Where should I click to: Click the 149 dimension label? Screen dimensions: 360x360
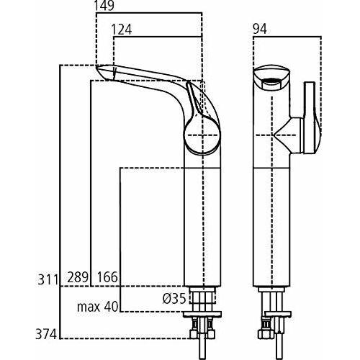coord(104,6)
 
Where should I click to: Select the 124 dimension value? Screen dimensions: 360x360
coord(122,30)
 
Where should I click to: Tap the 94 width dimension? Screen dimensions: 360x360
coord(260,30)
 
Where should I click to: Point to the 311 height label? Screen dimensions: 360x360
coord(48,279)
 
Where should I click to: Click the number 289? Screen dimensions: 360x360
coord(78,277)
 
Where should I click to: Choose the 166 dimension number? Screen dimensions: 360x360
coord(107,277)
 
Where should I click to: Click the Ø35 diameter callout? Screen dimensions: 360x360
coord(174,299)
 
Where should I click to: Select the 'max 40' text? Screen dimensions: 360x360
coord(98,307)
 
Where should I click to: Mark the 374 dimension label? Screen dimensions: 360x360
coord(46,334)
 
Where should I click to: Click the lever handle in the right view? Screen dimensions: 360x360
coord(312,117)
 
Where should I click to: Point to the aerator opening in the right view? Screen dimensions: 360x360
coord(271,81)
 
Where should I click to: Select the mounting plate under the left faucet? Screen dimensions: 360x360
coord(202,315)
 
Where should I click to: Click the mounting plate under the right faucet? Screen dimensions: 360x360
coord(278,314)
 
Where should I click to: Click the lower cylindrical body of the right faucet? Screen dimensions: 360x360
coord(271,227)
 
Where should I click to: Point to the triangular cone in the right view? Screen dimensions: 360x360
coord(282,135)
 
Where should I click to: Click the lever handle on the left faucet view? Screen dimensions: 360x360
coord(195,101)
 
